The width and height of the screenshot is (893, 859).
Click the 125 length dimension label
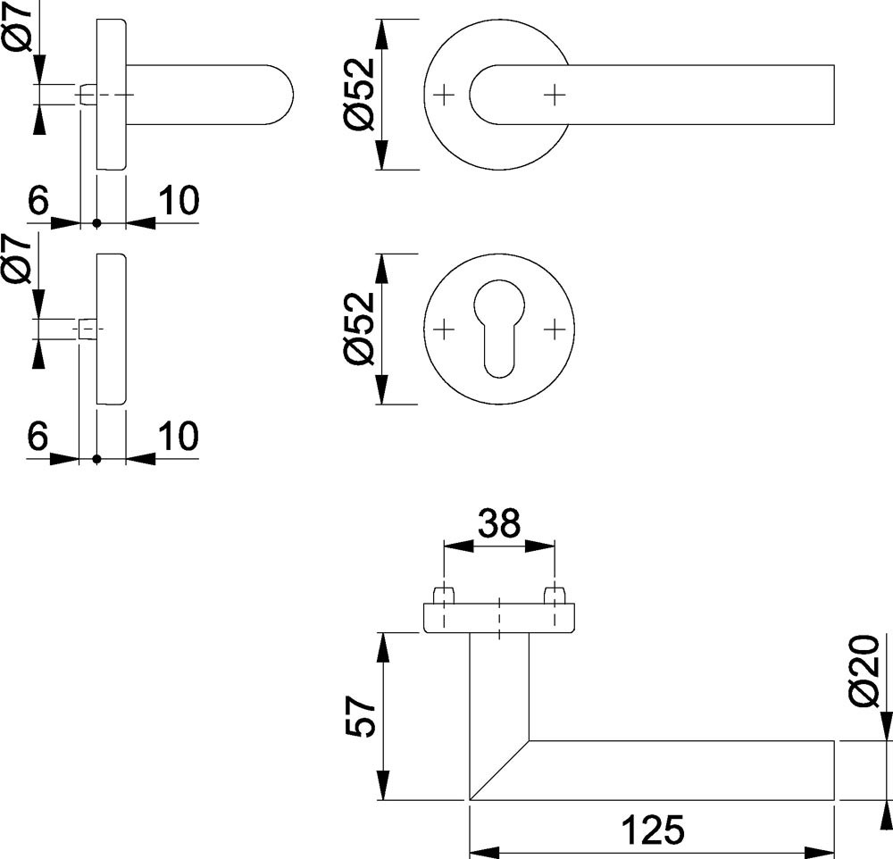click(x=655, y=830)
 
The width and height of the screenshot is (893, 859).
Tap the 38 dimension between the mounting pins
click(x=498, y=524)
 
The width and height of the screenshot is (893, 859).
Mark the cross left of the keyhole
click(x=443, y=329)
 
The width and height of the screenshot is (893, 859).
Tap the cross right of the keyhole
click(x=555, y=329)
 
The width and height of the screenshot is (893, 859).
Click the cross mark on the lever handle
click(x=555, y=94)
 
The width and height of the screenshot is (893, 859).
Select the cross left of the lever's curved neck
click(x=443, y=94)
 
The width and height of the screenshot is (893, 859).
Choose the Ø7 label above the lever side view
click(x=20, y=28)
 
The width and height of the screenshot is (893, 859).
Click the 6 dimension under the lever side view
click(x=38, y=201)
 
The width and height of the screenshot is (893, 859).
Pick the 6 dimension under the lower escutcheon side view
click(x=38, y=437)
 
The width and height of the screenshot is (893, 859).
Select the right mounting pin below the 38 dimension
click(x=555, y=596)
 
